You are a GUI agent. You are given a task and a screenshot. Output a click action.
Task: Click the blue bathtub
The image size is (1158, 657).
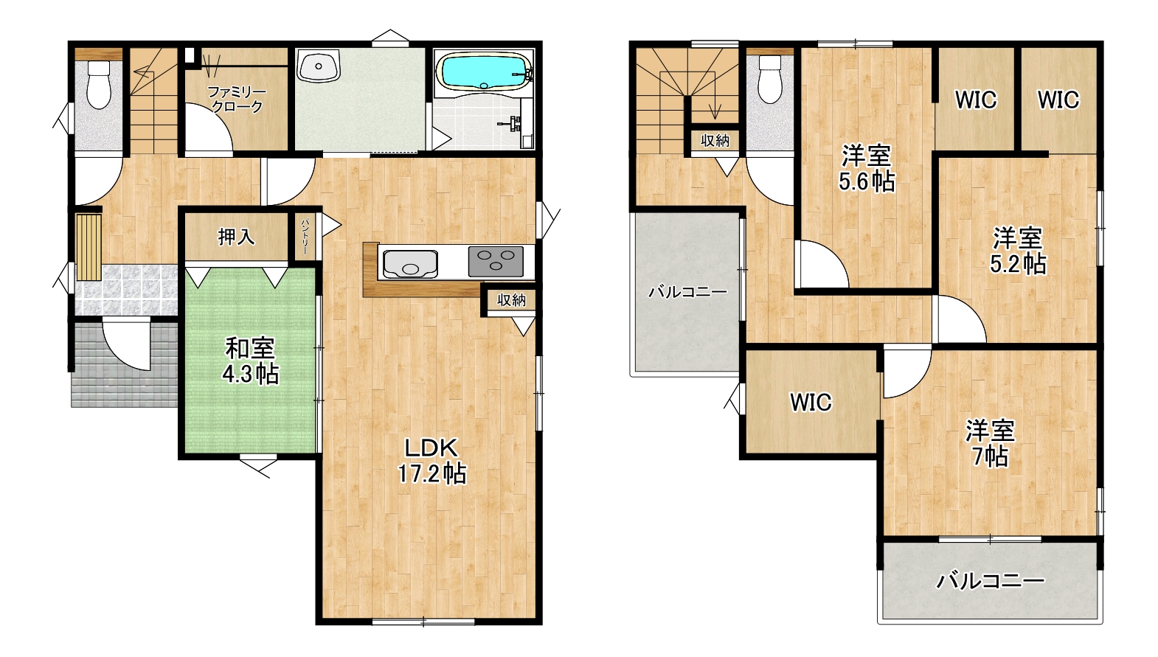click(x=484, y=72)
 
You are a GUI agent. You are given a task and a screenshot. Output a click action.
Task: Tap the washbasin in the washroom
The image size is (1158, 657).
click(x=319, y=65)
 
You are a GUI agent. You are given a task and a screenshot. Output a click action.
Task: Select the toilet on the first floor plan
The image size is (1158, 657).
click(x=99, y=85)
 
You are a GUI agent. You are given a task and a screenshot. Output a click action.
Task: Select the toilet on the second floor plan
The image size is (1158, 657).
click(x=770, y=80)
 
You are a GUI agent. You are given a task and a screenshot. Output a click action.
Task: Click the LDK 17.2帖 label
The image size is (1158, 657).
click(x=431, y=461)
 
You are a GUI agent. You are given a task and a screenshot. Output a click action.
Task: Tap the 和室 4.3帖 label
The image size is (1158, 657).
click(x=250, y=361)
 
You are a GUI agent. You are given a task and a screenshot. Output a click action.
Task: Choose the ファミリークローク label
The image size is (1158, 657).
click(x=237, y=100)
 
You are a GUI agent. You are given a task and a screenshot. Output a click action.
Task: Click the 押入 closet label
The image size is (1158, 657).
click(x=236, y=237)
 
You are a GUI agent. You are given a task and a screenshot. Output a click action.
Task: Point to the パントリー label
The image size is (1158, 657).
click(x=305, y=236)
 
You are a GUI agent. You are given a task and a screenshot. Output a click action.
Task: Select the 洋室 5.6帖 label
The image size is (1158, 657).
click(x=867, y=169)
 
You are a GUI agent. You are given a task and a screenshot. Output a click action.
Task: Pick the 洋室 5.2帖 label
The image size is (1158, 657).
click(x=1018, y=251)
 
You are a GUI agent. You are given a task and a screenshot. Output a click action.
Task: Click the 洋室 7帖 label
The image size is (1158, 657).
click(x=990, y=443)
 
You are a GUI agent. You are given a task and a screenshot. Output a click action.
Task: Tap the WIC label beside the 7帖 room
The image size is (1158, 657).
click(x=811, y=402)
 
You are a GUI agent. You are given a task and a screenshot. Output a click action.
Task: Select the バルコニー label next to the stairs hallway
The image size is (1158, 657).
click(x=687, y=292)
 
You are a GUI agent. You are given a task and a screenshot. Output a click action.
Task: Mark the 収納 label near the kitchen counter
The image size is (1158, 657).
click(x=511, y=300)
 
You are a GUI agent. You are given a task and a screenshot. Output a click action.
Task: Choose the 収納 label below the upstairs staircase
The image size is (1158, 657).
click(x=715, y=140)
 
